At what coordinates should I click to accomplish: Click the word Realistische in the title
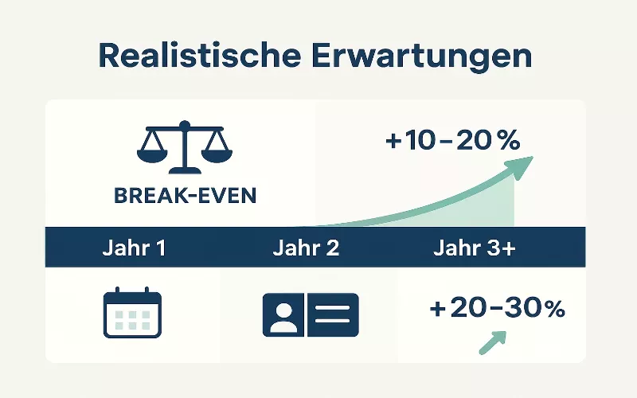(190, 57)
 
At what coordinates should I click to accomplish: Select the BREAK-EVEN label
(186, 196)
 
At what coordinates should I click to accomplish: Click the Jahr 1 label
(134, 248)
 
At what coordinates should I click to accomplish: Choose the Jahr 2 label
(306, 248)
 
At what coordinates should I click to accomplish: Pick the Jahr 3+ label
(475, 248)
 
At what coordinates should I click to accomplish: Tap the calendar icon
(133, 314)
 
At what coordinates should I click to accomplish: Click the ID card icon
(311, 314)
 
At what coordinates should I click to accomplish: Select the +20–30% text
(496, 309)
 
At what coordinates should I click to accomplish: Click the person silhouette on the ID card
(283, 315)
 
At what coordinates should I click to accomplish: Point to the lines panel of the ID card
(334, 314)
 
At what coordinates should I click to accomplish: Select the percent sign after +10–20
(506, 142)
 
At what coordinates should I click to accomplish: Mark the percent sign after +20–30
(551, 310)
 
